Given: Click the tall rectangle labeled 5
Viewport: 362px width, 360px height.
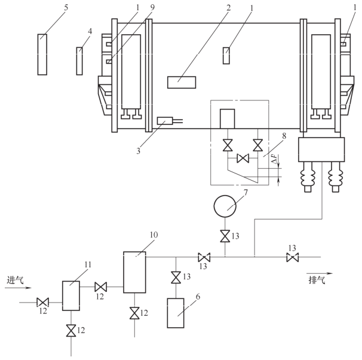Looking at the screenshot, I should pos(42,54).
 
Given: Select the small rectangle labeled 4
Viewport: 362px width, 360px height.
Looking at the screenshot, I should pos(79,61).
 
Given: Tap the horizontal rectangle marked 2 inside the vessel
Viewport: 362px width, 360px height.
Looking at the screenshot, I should pos(180,82).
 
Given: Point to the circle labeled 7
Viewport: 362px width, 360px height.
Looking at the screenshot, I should pos(226,208).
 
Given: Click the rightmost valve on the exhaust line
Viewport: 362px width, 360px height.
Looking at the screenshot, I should pos(293,258).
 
